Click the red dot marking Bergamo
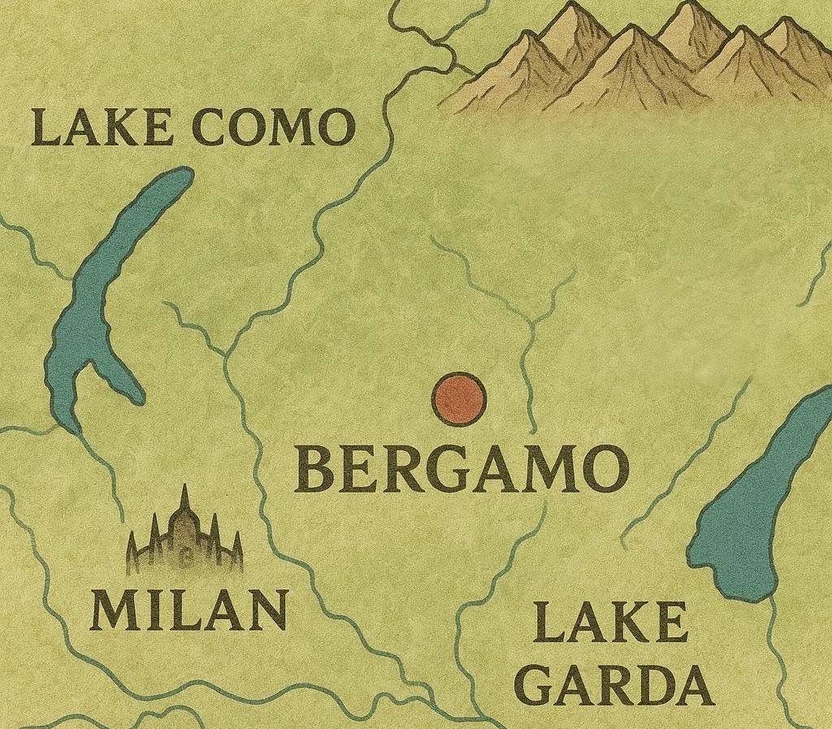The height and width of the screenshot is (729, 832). coord(458,399)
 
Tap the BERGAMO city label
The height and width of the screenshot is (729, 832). coord(461,471)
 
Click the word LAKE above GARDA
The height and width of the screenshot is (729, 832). coord(611,623)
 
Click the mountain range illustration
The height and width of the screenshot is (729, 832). coord(642,61)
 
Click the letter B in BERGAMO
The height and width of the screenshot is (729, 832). coord(314,471)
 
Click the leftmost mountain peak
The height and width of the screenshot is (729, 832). coord(530,37)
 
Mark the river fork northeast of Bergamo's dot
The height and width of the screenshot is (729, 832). coord(532,323)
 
